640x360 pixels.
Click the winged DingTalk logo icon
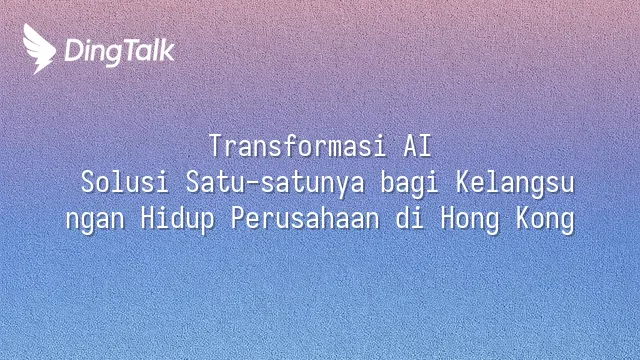tap(39, 49)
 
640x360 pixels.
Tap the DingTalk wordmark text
tap(120, 52)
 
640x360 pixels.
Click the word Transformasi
tap(298, 146)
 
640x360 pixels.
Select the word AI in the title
tap(418, 146)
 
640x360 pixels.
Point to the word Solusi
tap(125, 182)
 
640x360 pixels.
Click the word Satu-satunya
tap(275, 183)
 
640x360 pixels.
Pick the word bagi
tap(409, 183)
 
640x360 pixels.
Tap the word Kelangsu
tap(515, 183)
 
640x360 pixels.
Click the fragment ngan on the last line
tap(95, 221)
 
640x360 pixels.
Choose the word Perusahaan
tap(305, 218)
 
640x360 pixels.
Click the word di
tap(409, 218)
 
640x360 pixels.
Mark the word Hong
tap(470, 220)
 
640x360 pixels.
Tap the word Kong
tap(546, 220)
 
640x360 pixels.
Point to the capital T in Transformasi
tap(216, 146)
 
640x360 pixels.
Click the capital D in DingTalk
tap(73, 50)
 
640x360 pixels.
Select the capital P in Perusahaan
tap(238, 218)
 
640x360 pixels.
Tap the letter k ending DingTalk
tap(167, 50)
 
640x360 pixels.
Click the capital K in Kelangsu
tap(463, 182)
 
